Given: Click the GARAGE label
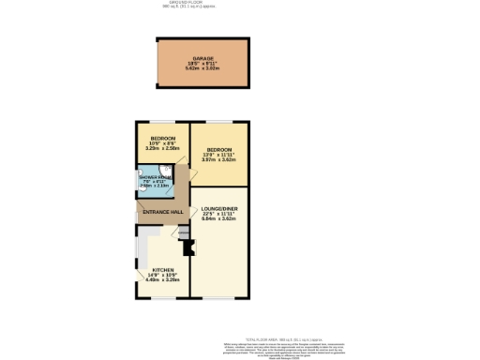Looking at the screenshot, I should [204, 58].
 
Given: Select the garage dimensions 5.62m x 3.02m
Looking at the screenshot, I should [204, 68].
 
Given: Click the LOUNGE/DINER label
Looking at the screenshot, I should [219, 209].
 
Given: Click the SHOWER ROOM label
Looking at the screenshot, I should [156, 177].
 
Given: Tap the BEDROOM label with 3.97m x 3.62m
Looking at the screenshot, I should [219, 149].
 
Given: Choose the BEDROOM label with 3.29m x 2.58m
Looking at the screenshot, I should [161, 139].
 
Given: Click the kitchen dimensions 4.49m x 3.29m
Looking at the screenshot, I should [160, 279].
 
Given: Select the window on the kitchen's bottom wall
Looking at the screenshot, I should [161, 298].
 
